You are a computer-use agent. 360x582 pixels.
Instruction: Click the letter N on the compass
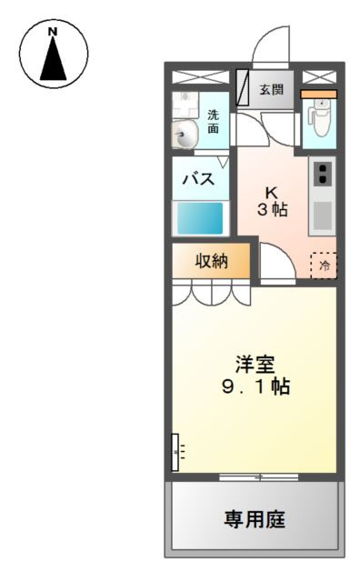(x=53, y=32)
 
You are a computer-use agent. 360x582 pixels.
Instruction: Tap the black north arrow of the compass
(x=53, y=62)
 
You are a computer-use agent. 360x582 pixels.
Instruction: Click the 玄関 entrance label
(x=270, y=89)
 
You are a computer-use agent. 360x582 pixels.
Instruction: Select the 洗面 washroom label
(x=213, y=122)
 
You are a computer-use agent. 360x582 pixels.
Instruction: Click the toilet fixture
(x=318, y=117)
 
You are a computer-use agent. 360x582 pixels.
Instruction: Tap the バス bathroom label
(x=200, y=178)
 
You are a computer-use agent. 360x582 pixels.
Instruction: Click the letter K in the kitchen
(x=271, y=192)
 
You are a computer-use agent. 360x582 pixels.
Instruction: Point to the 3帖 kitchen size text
(x=272, y=209)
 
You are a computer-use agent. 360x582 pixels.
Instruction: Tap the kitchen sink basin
(x=322, y=215)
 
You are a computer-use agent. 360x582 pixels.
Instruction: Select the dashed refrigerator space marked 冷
(x=323, y=265)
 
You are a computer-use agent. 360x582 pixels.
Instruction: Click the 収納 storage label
(x=211, y=262)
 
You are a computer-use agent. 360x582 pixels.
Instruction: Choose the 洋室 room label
(x=255, y=363)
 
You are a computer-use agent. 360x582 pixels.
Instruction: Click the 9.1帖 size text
(x=255, y=386)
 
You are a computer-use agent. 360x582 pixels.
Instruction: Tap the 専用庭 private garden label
(x=255, y=519)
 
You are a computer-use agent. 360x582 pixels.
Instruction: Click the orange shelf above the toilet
(x=318, y=93)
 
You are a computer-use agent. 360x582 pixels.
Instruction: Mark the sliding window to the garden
(x=259, y=476)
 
